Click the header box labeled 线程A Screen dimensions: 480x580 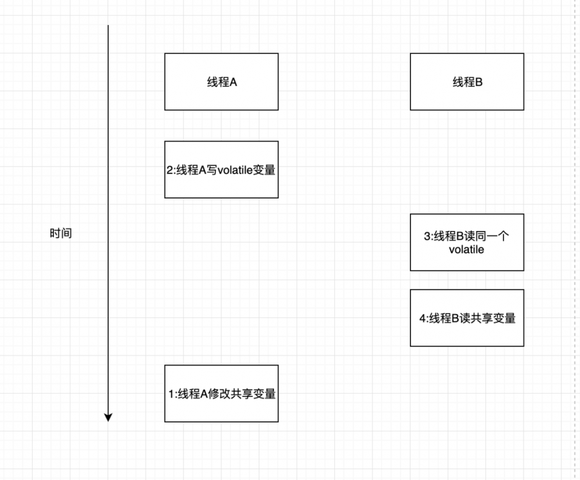pos(221,82)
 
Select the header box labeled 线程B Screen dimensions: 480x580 pos(467,82)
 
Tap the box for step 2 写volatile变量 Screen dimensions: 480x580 pos(221,169)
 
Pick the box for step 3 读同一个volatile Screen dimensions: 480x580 pos(467,242)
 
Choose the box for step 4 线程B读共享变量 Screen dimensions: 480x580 pos(467,318)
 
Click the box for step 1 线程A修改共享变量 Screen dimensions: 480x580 pos(221,394)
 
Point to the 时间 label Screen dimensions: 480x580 pos(61,234)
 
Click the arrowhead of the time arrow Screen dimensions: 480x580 pos(108,417)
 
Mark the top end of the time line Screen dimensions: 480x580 pos(108,26)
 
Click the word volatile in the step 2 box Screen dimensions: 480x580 pos(235,172)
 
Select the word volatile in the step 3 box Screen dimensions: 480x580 pos(467,251)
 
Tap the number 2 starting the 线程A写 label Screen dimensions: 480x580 pos(169,172)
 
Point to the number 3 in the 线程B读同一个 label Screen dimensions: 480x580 pos(427,237)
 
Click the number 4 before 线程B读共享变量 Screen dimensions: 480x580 pos(422,318)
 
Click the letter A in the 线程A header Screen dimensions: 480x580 pos(233,82)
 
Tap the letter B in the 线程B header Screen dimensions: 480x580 pos(479,82)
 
